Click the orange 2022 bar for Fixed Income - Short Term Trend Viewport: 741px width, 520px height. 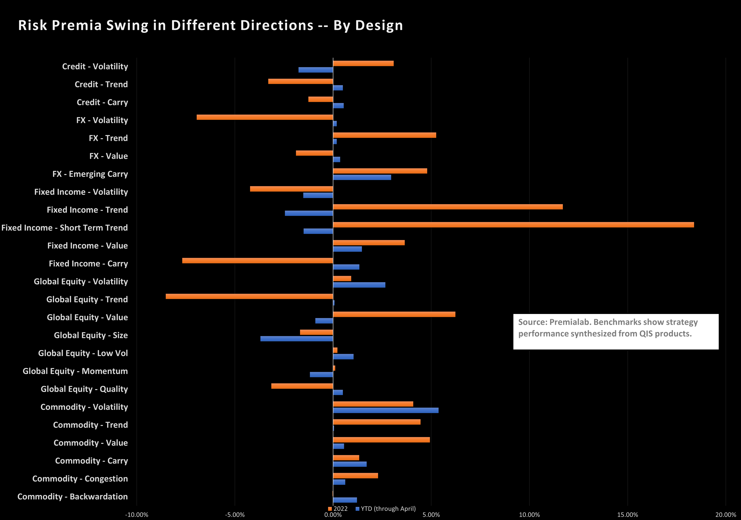(x=513, y=225)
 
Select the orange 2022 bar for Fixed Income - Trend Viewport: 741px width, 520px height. (x=448, y=207)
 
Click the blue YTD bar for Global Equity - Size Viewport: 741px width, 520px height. (x=297, y=339)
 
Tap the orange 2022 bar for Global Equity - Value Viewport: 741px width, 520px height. (x=394, y=314)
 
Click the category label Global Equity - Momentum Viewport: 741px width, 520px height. (x=75, y=371)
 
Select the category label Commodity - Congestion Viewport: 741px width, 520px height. (x=80, y=479)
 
